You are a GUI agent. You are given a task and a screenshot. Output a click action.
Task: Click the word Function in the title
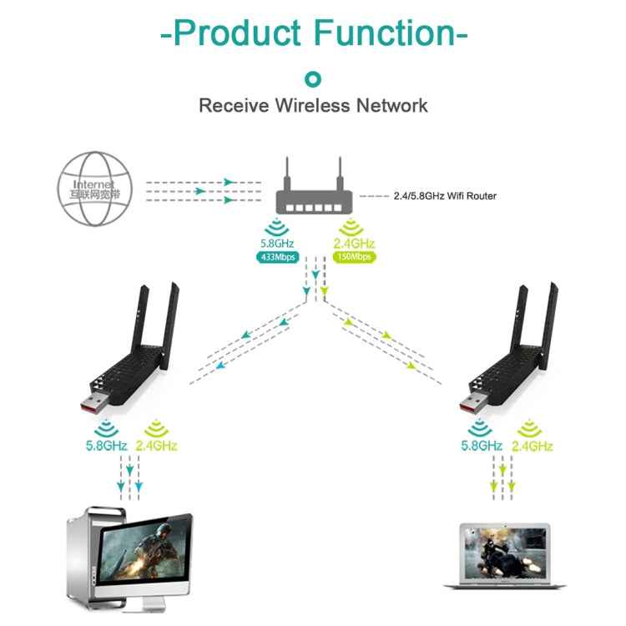point(379,33)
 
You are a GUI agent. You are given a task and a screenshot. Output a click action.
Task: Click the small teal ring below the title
point(313,79)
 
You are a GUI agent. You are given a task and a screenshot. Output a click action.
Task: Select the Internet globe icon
point(94,188)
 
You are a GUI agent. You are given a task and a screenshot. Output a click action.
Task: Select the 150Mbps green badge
point(354,257)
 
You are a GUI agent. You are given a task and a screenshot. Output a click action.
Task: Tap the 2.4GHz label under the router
point(354,244)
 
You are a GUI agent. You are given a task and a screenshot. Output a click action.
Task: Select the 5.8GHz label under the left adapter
point(106,446)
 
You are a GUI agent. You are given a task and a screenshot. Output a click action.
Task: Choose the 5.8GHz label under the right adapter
point(482,446)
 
